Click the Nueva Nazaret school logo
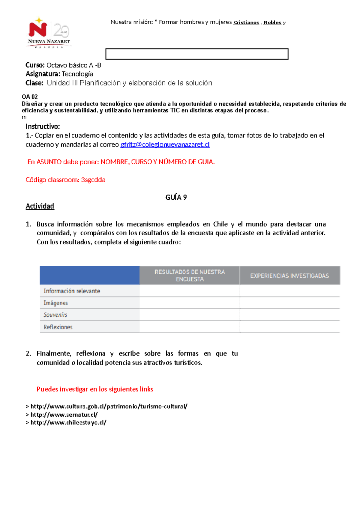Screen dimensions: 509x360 point(49,32)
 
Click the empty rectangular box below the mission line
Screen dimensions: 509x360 point(197,54)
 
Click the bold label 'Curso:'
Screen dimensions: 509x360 point(35,65)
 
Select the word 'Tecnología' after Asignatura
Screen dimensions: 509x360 point(77,74)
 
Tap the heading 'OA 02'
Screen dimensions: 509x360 point(30,97)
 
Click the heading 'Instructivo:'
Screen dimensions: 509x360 point(43,126)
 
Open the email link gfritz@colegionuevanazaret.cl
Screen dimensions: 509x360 point(165,144)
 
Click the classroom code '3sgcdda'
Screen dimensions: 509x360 point(93,180)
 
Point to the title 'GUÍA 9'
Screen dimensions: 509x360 point(176,197)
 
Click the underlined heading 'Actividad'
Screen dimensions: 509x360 point(40,206)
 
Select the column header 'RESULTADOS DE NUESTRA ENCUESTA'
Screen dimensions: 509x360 point(190,275)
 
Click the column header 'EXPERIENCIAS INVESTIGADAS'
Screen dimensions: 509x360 point(289,276)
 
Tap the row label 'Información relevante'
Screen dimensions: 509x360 point(72,291)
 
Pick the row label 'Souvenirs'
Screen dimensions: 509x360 point(55,315)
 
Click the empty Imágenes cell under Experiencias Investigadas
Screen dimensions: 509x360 point(289,303)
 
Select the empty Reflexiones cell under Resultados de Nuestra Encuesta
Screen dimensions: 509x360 point(190,327)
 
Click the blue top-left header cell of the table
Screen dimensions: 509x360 point(89,275)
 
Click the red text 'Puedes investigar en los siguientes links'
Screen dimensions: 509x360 point(95,389)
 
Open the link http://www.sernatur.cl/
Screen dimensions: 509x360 point(64,415)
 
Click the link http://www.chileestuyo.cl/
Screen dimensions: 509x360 point(68,423)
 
